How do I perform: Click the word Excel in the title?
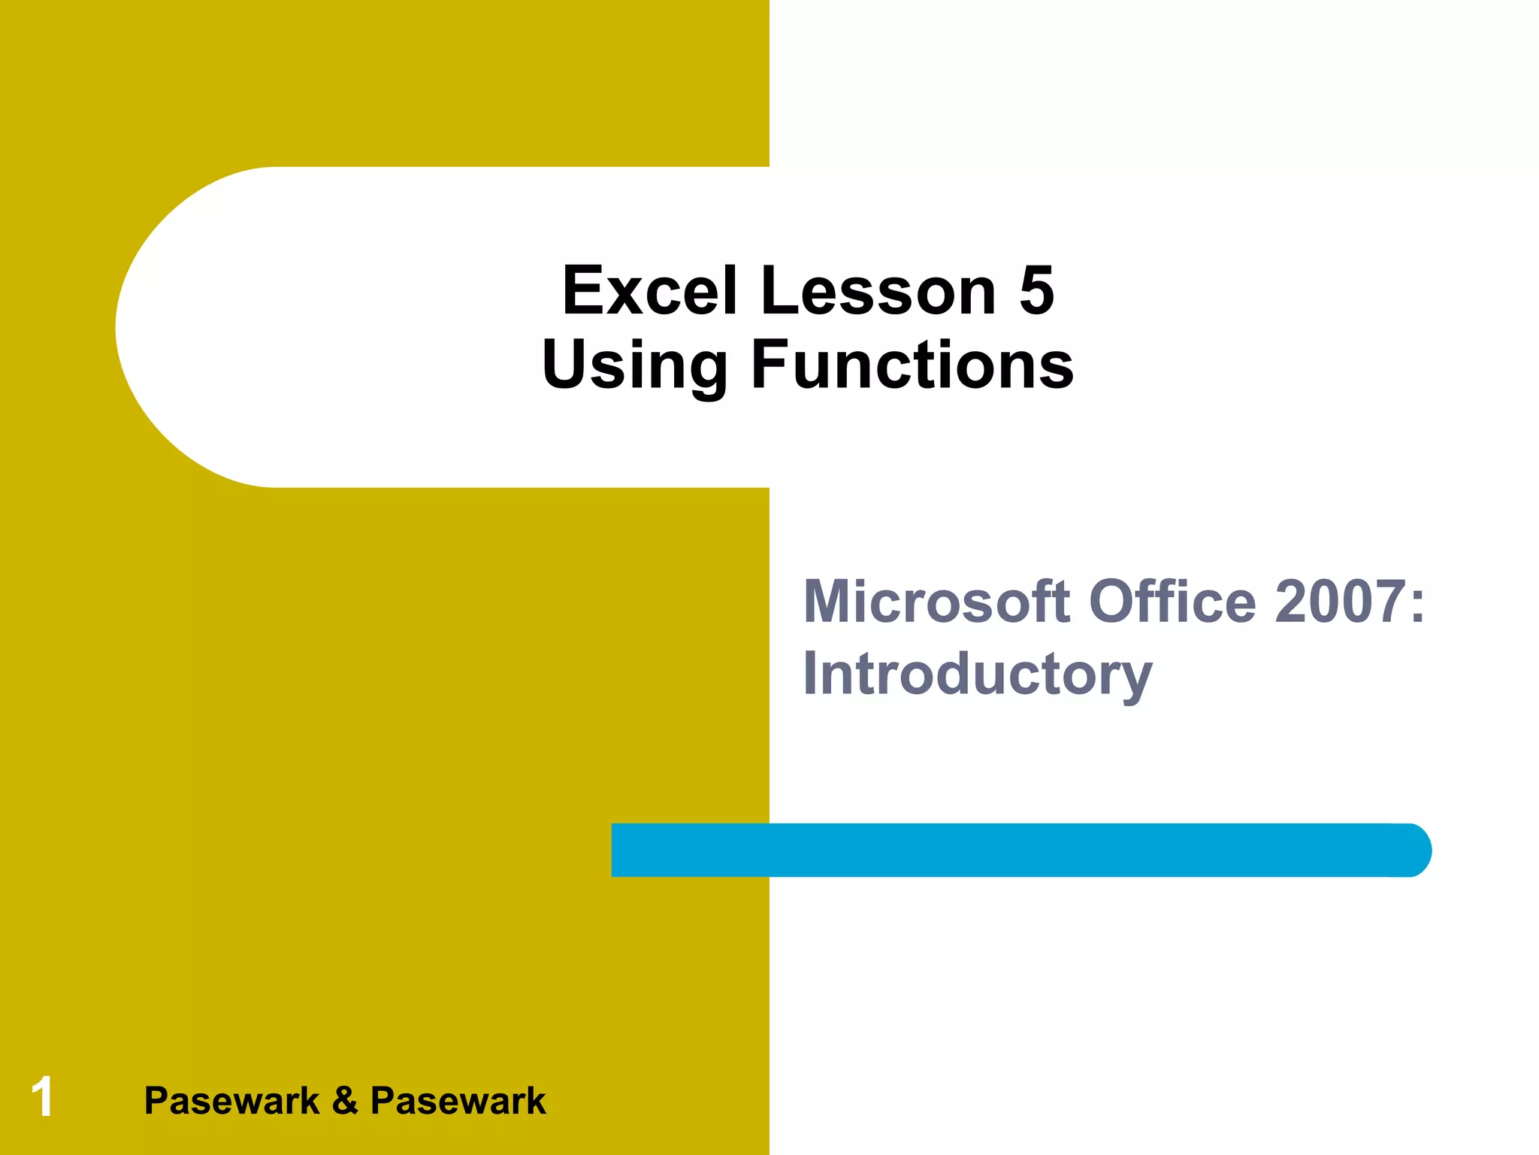pos(649,292)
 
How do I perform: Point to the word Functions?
pos(912,365)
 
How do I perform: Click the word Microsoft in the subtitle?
pos(936,602)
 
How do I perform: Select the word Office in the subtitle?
pos(1172,602)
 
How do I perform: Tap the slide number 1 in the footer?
pos(42,1097)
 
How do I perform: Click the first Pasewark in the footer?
pos(231,1102)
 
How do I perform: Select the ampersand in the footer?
pos(345,1102)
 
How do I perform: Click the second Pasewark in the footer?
pos(458,1102)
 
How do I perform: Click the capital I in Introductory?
pos(811,673)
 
